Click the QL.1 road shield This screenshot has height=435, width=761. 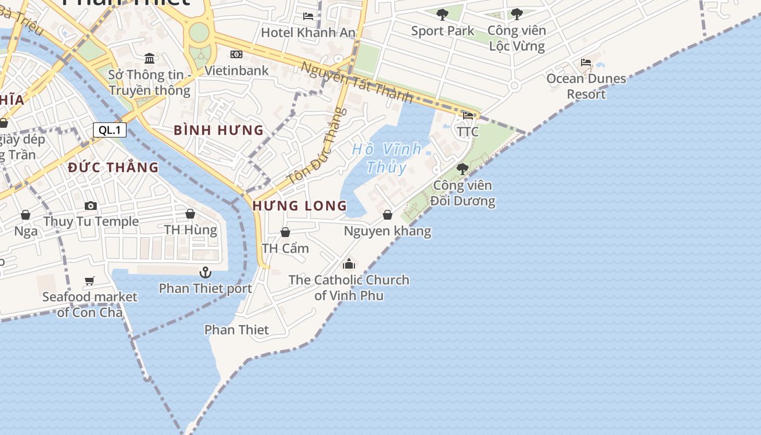point(110,130)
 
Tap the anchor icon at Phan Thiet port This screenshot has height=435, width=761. point(205,272)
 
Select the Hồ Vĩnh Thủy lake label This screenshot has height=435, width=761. point(386,158)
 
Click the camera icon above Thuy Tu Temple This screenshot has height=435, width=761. point(91,206)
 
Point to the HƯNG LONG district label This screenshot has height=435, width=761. point(300,206)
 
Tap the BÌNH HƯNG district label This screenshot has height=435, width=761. point(219,130)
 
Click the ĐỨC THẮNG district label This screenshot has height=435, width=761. point(113,167)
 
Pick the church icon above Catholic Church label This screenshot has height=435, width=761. point(349,264)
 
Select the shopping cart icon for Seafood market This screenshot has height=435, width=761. point(90,281)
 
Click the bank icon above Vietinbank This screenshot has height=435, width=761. point(236,54)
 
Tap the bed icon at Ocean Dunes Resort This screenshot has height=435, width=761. point(586,63)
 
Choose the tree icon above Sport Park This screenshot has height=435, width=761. point(442,14)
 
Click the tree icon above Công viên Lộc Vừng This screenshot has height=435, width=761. point(516,14)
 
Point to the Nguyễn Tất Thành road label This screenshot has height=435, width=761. point(357,82)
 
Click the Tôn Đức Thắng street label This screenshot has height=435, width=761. point(316,146)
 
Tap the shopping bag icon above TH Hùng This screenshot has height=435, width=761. point(190,214)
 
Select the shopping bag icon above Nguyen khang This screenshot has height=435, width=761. point(388,215)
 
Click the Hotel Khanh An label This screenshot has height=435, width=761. point(308,32)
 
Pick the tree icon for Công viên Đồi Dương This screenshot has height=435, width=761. point(462,169)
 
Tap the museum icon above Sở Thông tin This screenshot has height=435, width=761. point(149,58)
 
